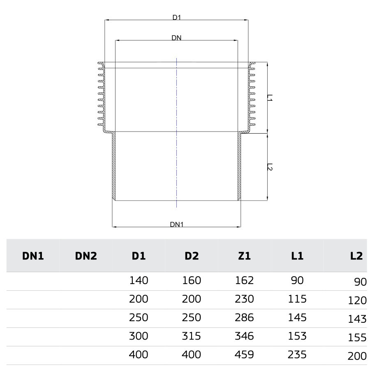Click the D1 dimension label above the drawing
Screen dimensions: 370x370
click(176, 17)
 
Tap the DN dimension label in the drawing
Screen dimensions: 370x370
click(176, 38)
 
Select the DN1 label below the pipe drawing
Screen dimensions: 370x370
click(176, 224)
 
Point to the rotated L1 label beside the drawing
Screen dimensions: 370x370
click(270, 98)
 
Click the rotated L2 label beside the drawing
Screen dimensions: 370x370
click(270, 167)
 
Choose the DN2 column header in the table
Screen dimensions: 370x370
click(86, 256)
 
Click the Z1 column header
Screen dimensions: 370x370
click(244, 256)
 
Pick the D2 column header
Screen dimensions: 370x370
click(192, 256)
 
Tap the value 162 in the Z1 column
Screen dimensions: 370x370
click(244, 280)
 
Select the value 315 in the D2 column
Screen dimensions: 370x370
click(191, 336)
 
